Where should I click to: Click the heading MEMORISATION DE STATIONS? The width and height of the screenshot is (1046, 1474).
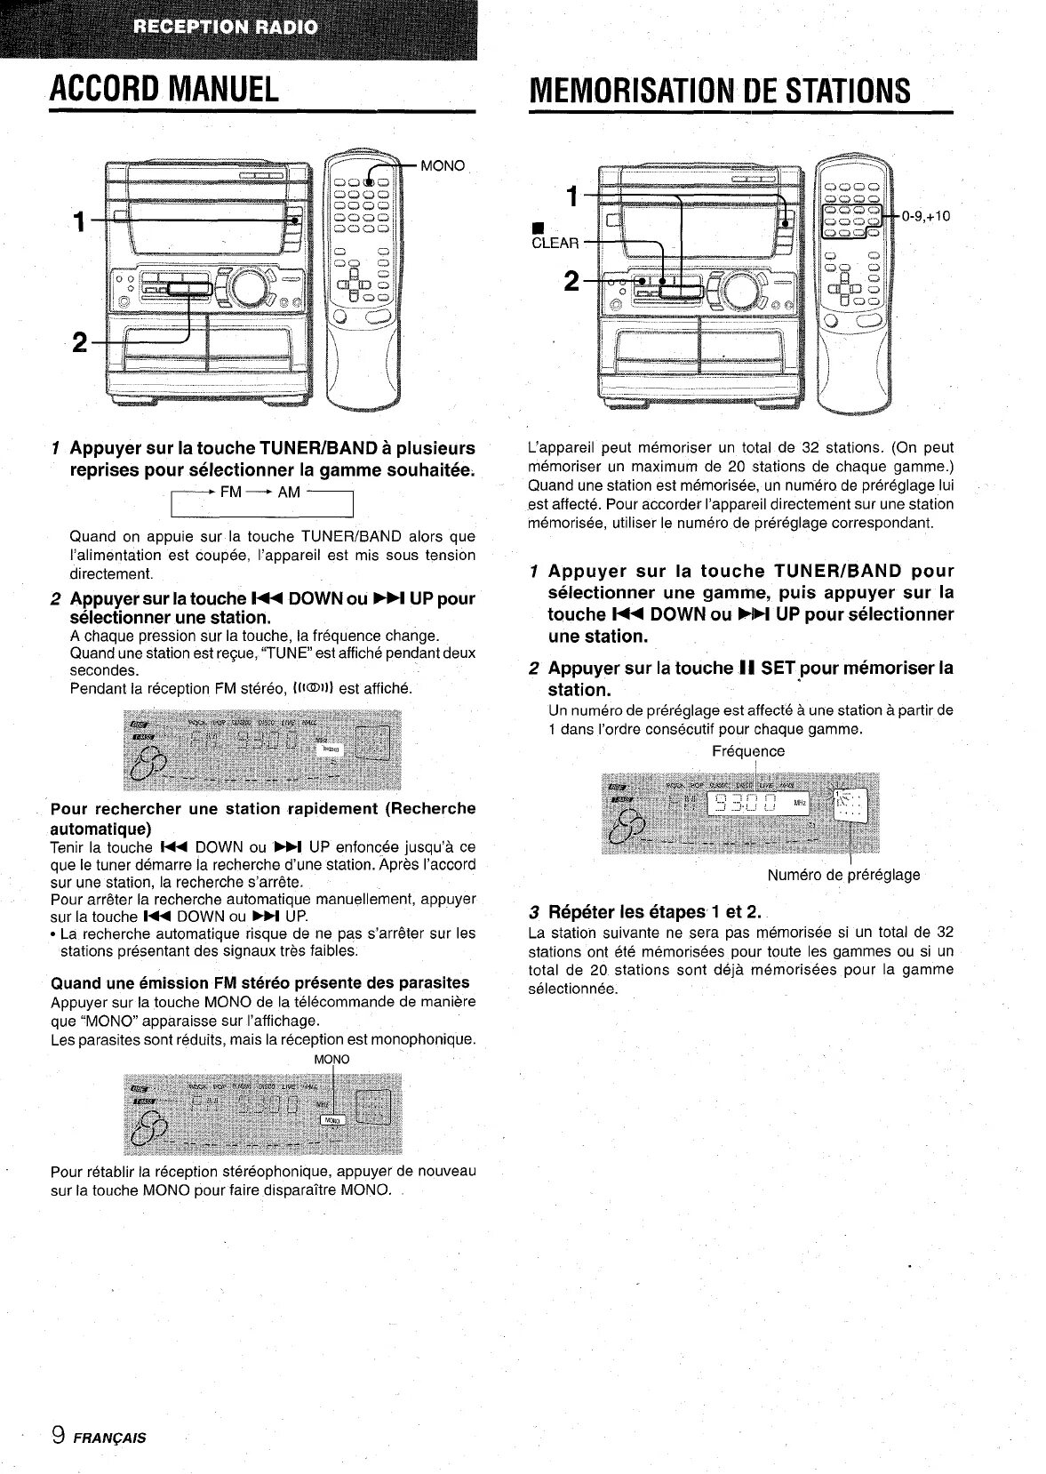pyautogui.click(x=719, y=89)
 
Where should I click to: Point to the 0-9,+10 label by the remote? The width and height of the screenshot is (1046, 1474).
pyautogui.click(x=926, y=214)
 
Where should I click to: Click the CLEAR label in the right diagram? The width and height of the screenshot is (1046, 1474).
pyautogui.click(x=555, y=243)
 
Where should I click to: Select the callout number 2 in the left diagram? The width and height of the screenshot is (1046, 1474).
pyautogui.click(x=80, y=343)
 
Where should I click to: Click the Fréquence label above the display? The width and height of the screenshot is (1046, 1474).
pyautogui.click(x=748, y=751)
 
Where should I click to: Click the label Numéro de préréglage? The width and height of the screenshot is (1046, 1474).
pyautogui.click(x=843, y=875)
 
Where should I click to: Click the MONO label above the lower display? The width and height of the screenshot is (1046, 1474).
pyautogui.click(x=332, y=1060)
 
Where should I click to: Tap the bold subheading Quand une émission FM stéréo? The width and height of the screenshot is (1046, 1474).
pyautogui.click(x=260, y=983)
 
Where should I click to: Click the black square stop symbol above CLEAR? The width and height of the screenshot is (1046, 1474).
pyautogui.click(x=537, y=224)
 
